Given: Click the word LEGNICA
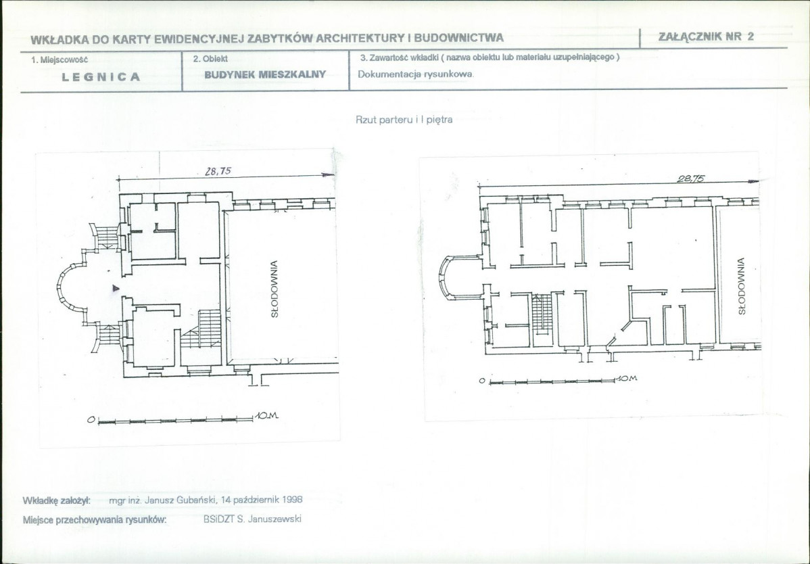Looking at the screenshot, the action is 101,77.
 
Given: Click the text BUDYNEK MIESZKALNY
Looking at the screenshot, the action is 265,74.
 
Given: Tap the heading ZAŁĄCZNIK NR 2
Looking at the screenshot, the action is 706,36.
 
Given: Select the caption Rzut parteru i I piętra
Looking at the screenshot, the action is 404,120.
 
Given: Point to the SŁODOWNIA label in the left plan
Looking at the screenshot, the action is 275,289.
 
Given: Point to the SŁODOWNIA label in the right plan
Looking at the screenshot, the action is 741,285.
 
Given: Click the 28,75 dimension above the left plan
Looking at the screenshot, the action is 218,171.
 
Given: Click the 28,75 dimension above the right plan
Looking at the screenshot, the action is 691,179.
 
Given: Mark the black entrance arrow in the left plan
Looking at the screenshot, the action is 116,288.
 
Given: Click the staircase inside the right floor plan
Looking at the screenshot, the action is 542,313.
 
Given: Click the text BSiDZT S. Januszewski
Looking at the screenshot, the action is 252,519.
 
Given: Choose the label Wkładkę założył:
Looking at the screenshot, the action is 57,500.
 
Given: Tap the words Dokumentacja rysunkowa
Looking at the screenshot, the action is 416,74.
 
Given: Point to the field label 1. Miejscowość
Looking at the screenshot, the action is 59,60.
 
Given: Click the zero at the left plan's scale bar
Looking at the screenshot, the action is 91,420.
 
